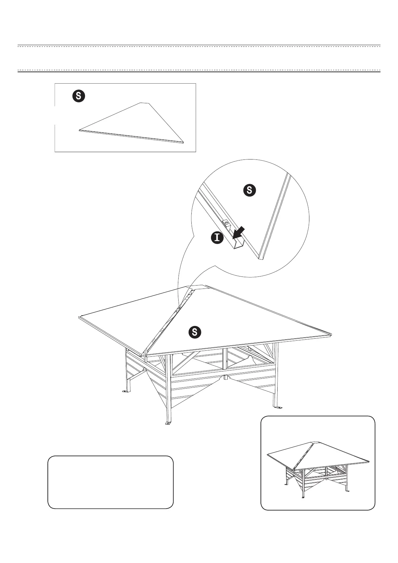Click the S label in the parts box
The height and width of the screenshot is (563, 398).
79,96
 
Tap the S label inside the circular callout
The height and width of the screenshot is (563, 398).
249,190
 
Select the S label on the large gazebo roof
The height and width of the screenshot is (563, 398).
195,332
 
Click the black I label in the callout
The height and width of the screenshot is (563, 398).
217,238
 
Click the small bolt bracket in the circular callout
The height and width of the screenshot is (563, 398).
226,223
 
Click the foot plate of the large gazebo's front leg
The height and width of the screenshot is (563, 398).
168,424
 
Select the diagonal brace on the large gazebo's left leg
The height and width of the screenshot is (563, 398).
137,375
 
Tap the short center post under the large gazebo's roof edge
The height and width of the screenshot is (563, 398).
226,377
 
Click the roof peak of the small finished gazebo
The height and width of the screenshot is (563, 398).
312,443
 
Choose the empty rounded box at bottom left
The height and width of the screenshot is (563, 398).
110,482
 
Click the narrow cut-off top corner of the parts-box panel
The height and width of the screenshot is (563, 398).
144,103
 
